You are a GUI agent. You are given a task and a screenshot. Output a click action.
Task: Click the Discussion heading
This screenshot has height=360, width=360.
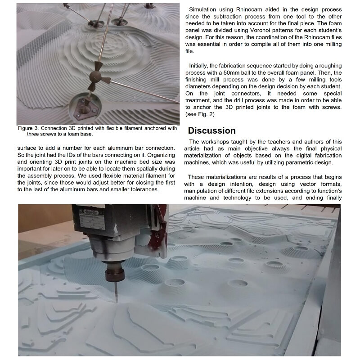coord(211,131)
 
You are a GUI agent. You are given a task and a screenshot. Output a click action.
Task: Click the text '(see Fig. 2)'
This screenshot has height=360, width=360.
coord(202,115)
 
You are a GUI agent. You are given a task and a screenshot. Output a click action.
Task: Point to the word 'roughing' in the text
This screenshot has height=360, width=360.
coord(329,65)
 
